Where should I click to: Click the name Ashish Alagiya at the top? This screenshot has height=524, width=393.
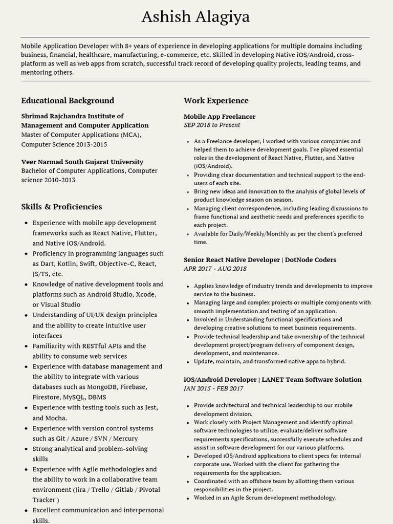(x=196, y=17)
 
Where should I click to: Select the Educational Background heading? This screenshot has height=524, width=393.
(x=68, y=101)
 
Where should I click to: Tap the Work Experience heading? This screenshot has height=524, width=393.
(x=216, y=101)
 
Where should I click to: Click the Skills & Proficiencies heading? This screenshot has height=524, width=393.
(x=61, y=207)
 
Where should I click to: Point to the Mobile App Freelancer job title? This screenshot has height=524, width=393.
(x=220, y=117)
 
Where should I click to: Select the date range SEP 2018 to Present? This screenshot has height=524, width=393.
(x=212, y=125)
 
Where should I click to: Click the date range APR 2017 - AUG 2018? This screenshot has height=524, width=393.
(x=215, y=269)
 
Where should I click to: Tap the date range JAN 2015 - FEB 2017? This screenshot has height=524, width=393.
(x=213, y=388)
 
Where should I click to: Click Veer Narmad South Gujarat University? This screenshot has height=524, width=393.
(x=82, y=162)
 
